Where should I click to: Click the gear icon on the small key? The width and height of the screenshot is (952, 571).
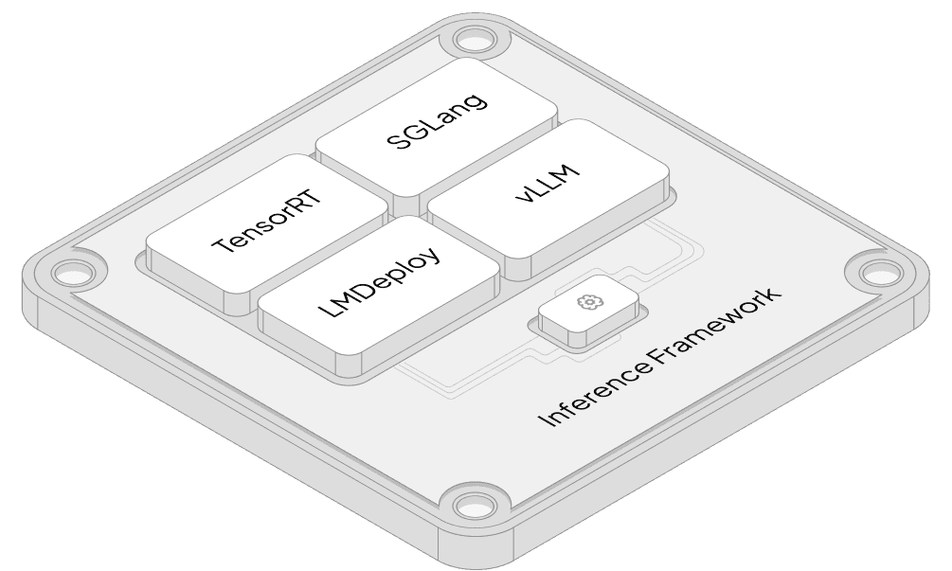coord(588,302)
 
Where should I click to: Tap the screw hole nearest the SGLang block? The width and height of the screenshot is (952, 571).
coord(476,40)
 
